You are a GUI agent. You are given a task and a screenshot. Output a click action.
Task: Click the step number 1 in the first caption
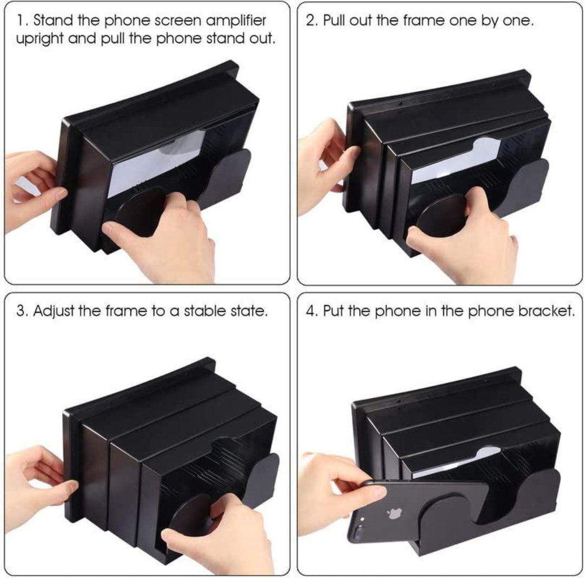20,22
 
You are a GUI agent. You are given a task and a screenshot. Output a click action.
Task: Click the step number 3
20,312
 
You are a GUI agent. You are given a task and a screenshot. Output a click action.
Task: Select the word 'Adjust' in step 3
54,312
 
